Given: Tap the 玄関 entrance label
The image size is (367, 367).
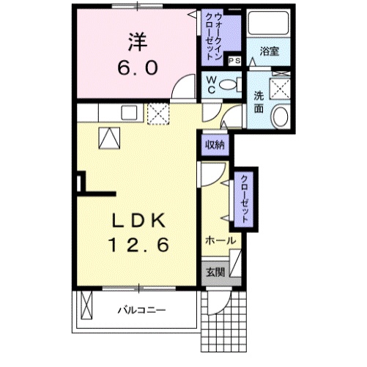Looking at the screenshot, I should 215,273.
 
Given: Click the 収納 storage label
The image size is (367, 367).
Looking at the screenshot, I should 215,144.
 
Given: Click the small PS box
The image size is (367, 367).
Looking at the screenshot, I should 235,61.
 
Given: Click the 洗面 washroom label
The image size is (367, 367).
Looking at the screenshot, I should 258,101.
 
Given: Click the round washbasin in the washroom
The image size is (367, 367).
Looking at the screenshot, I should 279,116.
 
